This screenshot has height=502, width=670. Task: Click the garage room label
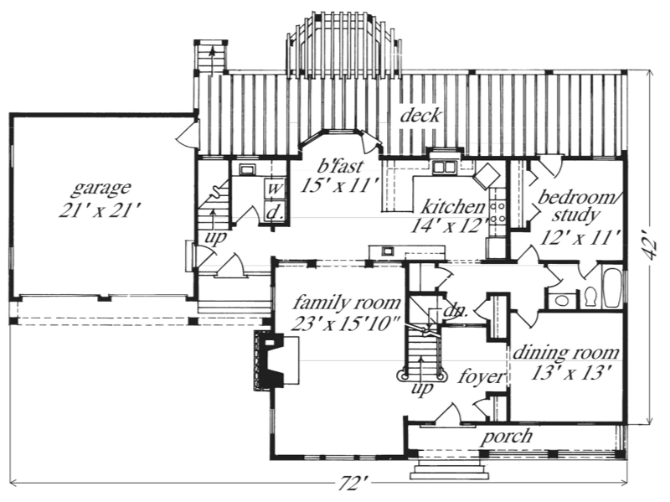(x=100, y=188)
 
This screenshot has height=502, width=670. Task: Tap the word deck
(x=420, y=115)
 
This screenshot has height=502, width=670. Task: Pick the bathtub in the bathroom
(x=612, y=287)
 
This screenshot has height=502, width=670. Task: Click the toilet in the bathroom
(x=590, y=296)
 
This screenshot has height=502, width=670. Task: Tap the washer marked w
(x=275, y=189)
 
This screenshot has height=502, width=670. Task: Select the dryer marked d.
(x=275, y=210)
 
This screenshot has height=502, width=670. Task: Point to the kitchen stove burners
(x=497, y=213)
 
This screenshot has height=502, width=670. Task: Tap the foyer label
(x=482, y=377)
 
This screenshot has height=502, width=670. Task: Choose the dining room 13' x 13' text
(x=569, y=373)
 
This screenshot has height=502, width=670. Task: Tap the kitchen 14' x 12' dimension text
(x=450, y=225)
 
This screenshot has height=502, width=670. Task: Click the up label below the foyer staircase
(x=423, y=389)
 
